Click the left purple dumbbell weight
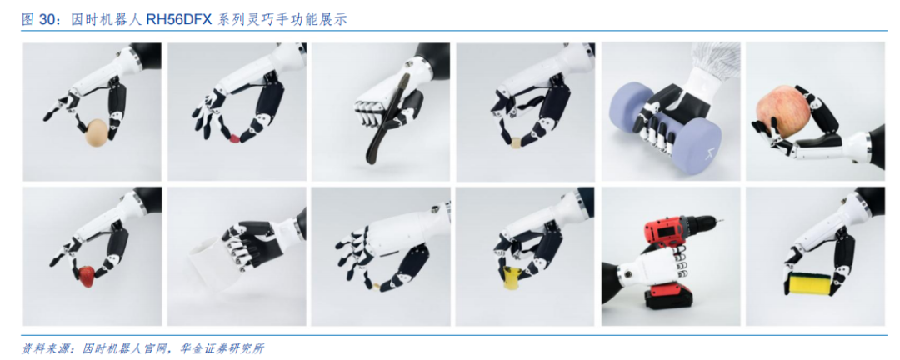coord(632,108)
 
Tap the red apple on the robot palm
coord(780,110)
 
